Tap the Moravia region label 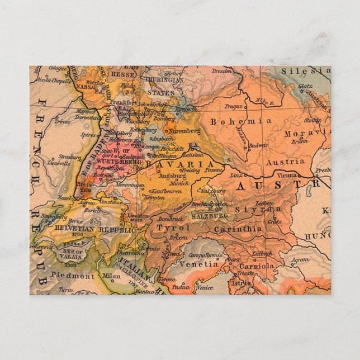(304, 134)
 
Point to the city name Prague (234, 106)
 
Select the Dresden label (222, 71)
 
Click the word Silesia (305, 71)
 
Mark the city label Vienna (287, 174)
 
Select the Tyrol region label (169, 228)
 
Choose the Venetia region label (199, 263)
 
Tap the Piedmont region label (73, 276)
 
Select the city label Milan (111, 276)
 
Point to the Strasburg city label (70, 157)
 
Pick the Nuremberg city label (184, 130)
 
